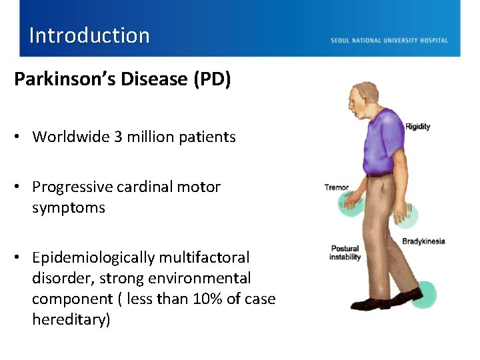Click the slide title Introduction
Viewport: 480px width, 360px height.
89,35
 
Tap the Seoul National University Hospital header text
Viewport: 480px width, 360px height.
389,41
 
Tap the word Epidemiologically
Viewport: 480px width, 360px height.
98,257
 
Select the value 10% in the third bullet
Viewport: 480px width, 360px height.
205,299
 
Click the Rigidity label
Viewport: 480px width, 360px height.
417,127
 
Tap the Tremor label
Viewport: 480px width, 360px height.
337,187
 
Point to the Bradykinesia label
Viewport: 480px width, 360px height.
423,241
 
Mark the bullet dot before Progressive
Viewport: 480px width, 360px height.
22,187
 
